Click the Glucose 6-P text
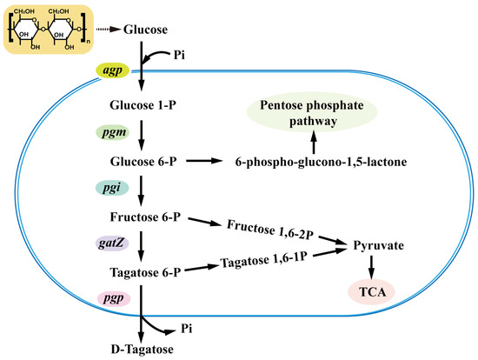139,162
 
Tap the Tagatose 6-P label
139,272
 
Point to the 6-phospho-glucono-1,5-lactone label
310,162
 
